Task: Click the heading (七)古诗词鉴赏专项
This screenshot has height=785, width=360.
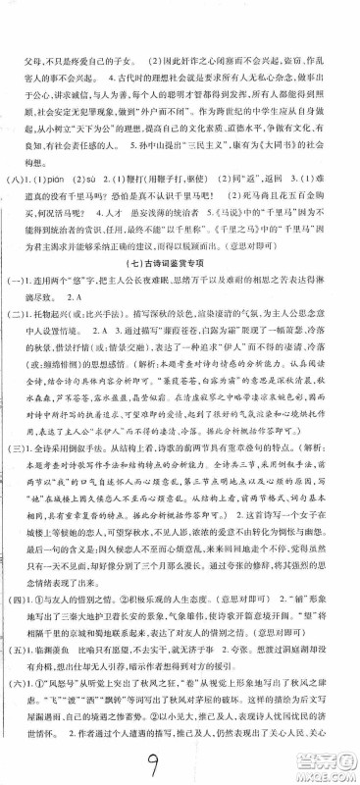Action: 180,285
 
